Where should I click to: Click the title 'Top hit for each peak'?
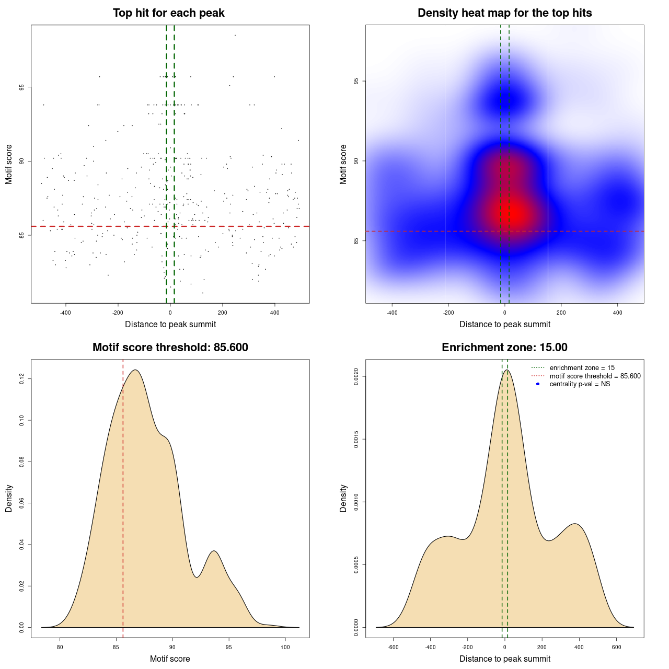pyautogui.click(x=168, y=13)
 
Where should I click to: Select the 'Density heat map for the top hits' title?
pyautogui.click(x=504, y=13)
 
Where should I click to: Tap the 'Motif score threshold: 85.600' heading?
pyautogui.click(x=170, y=348)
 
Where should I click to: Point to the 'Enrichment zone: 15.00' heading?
pyautogui.click(x=504, y=348)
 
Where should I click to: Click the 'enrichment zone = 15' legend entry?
pyautogui.click(x=582, y=368)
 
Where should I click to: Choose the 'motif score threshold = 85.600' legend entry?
pyautogui.click(x=595, y=376)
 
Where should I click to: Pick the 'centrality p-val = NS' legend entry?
pyautogui.click(x=580, y=384)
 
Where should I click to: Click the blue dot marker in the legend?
pyautogui.click(x=538, y=384)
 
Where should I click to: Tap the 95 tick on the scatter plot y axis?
pyautogui.click(x=22, y=87)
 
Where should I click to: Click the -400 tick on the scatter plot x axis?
pyautogui.click(x=65, y=313)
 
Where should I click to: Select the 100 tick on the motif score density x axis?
pyautogui.click(x=285, y=648)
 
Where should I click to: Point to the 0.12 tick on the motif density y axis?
pyautogui.click(x=22, y=378)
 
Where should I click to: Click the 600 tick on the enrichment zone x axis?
pyautogui.click(x=617, y=648)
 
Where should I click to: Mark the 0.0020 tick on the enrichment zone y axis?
pyautogui.click(x=356, y=376)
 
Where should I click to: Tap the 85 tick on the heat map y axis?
pyautogui.click(x=356, y=241)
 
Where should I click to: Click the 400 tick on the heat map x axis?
pyautogui.click(x=617, y=313)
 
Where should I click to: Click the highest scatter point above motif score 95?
pyautogui.click(x=235, y=35)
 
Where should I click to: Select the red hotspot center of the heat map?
pyautogui.click(x=515, y=212)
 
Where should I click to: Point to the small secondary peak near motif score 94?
pyautogui.click(x=213, y=551)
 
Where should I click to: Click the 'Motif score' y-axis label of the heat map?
pyautogui.click(x=343, y=164)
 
